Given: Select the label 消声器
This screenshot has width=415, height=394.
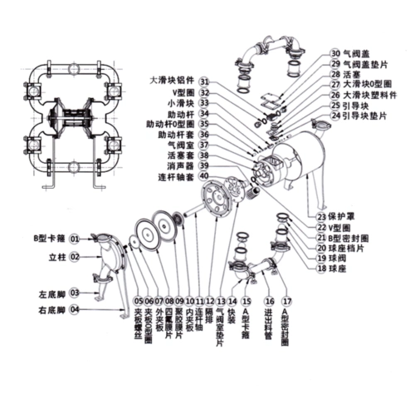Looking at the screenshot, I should tap(174, 165).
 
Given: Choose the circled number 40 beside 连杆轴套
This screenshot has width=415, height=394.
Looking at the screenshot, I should tap(204, 176).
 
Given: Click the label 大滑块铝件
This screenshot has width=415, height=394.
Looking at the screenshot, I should tap(172, 81).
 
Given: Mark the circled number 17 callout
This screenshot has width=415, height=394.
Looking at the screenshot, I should tap(287, 300).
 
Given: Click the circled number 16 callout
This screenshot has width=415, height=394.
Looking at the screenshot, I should tap(268, 300).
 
